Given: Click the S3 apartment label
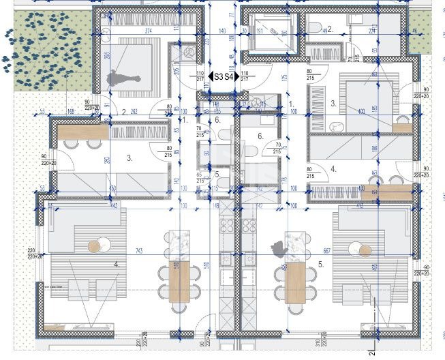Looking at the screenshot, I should (218, 78).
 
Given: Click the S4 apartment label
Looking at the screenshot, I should (231, 78).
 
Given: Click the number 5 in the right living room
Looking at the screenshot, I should (320, 262).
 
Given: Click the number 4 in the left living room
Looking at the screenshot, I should (117, 263).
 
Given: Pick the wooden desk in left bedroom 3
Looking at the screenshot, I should (82, 132).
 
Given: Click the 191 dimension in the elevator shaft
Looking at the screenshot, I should (260, 32).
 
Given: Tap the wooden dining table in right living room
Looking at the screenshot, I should (295, 284).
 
